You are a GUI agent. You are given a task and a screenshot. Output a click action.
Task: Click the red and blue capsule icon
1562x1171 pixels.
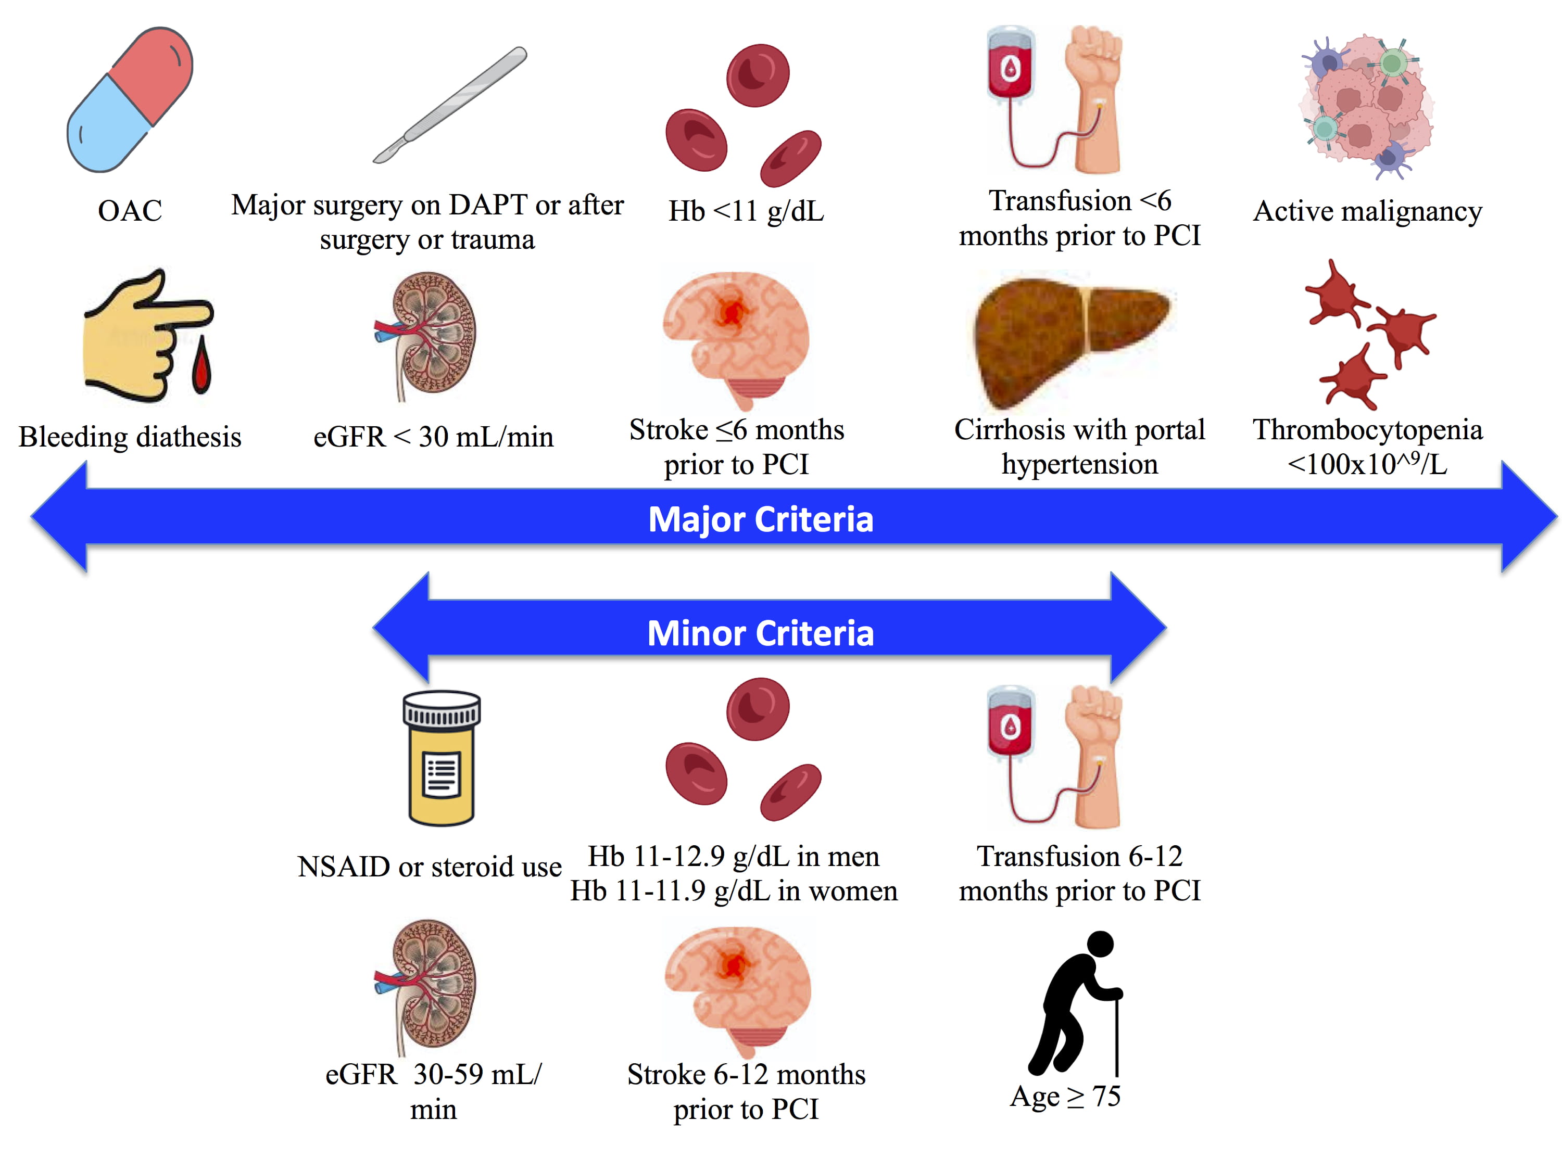click(130, 99)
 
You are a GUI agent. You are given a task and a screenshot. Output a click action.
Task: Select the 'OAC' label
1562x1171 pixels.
click(130, 210)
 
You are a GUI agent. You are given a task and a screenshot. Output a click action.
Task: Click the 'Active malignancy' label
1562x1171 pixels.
click(1367, 211)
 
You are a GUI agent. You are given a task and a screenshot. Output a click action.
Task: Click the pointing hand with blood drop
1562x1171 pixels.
click(147, 335)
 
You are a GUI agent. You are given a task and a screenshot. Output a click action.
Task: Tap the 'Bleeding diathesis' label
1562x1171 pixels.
click(130, 437)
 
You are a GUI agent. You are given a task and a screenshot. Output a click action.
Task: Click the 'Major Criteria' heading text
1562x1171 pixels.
click(761, 519)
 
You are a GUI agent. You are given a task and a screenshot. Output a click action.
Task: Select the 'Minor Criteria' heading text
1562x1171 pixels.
click(761, 633)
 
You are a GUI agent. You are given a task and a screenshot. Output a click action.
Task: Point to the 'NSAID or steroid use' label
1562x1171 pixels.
click(430, 867)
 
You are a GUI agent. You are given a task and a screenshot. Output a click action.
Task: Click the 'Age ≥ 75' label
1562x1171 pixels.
click(1065, 1096)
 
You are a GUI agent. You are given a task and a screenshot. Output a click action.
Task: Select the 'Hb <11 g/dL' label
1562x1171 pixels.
click(746, 211)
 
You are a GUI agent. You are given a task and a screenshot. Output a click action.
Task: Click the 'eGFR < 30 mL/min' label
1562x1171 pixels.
click(433, 437)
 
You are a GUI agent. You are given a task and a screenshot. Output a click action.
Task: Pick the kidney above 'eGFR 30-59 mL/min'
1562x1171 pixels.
click(427, 985)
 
